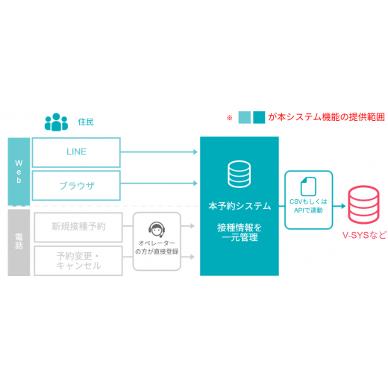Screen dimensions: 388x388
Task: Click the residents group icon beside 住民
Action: pos(56,122)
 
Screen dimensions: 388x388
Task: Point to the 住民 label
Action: pos(86,122)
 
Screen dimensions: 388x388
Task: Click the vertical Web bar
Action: pos(19,172)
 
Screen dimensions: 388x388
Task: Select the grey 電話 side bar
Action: pos(19,242)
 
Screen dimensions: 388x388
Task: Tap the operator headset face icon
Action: pos(157,229)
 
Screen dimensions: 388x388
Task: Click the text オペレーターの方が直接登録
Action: pos(157,247)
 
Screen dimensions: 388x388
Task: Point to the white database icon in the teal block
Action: pos(240,174)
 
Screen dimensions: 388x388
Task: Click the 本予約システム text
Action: pos(240,206)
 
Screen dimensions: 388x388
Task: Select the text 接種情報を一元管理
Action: pos(240,232)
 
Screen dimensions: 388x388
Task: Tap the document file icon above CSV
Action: pos(308,187)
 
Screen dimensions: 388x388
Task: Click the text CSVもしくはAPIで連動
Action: pos(308,206)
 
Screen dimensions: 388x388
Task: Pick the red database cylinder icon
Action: pos(363,204)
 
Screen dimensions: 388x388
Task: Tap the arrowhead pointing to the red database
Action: pos(343,206)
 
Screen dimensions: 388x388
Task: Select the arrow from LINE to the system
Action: pos(159,151)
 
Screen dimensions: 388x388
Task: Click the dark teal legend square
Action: pos(259,117)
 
